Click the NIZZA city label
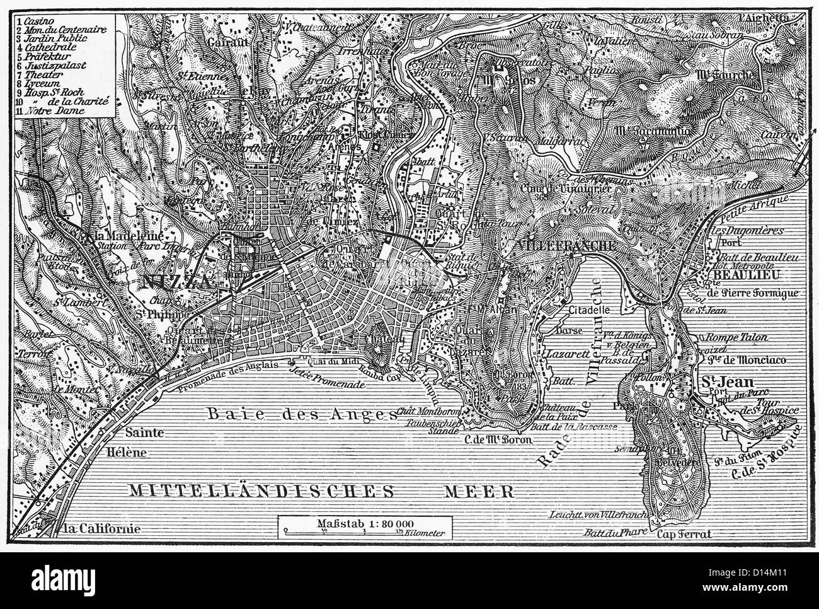pos(178,282)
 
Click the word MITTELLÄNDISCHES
pos(259,490)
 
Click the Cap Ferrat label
pos(684,534)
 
